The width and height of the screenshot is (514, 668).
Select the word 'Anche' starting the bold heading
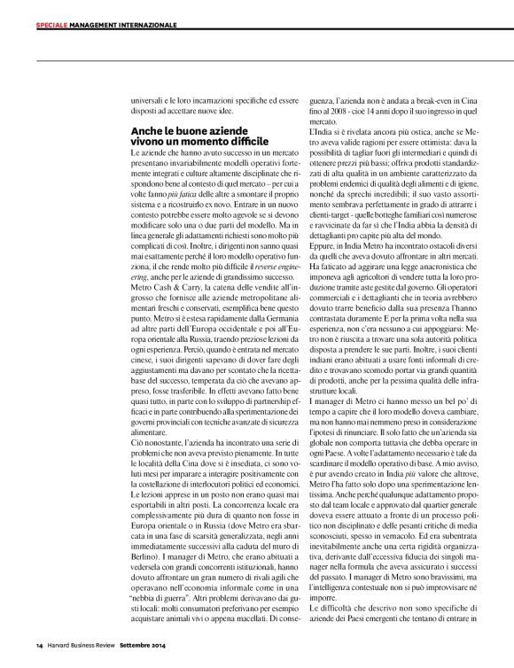[x=146, y=130]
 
